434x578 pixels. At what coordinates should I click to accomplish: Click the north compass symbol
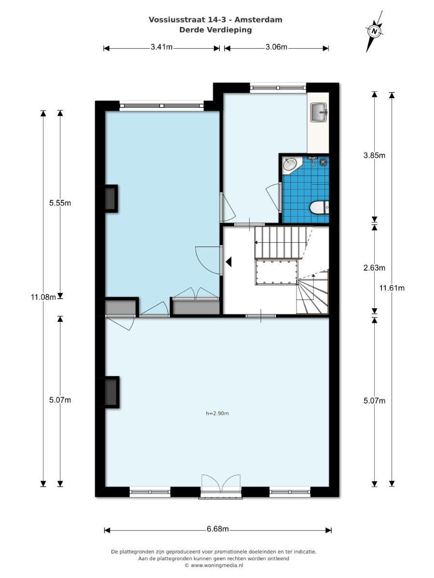point(374,31)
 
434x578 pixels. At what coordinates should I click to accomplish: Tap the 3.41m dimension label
point(162,47)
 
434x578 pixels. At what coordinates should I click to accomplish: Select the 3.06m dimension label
point(276,47)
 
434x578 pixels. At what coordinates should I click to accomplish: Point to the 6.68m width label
point(217,529)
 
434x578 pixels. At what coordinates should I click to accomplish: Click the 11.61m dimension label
point(392,288)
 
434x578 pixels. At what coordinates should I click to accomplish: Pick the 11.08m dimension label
point(43,297)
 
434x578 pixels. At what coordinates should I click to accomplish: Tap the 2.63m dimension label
point(374,268)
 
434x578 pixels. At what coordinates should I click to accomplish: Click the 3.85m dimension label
point(374,156)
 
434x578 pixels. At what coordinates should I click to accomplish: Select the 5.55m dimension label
point(60,203)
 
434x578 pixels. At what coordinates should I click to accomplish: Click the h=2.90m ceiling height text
point(217,413)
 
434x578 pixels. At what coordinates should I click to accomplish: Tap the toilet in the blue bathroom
point(319,208)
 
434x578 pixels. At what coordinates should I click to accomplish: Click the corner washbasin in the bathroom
point(290,164)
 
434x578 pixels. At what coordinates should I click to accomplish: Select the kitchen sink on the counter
point(319,112)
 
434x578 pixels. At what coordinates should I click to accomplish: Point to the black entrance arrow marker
point(229,262)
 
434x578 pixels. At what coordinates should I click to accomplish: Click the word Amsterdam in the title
point(258,20)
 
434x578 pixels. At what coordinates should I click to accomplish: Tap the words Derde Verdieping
point(216,30)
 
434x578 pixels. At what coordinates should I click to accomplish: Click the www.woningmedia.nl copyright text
point(214,565)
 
